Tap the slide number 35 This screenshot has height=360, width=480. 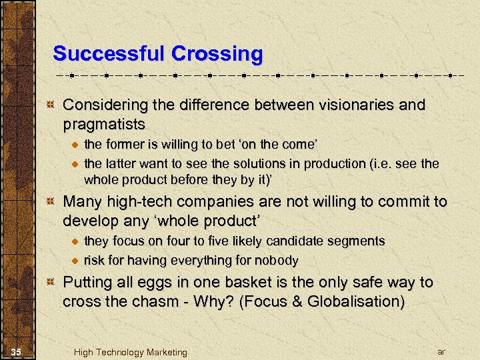click(18, 351)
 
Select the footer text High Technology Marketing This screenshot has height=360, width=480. click(130, 352)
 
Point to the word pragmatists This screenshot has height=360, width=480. click(103, 124)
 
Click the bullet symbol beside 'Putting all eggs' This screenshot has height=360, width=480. click(49, 283)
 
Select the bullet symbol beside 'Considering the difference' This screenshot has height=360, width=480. click(49, 106)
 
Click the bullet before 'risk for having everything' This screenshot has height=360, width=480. click(75, 260)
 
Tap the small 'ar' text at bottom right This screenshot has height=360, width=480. click(441, 351)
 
